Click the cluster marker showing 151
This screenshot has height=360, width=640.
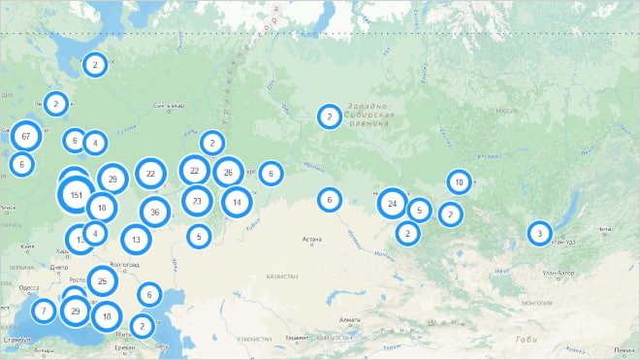(77, 195)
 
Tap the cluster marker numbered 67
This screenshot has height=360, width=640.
(26, 136)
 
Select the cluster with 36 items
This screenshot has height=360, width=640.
(155, 212)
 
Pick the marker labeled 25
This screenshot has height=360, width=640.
(103, 281)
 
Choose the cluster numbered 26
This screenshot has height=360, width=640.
(228, 173)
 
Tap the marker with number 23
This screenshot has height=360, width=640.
(198, 202)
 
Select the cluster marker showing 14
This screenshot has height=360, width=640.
(237, 202)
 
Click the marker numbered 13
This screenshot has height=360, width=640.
(137, 239)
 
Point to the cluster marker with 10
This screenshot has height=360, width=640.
(460, 181)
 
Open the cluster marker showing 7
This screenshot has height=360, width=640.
(43, 311)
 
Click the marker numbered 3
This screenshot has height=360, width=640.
(539, 234)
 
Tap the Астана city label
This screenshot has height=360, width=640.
(311, 239)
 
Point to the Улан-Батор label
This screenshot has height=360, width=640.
(560, 273)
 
